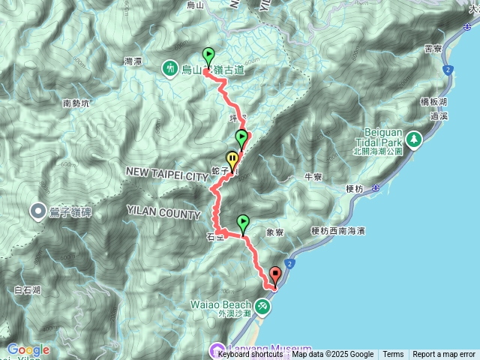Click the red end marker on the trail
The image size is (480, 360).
(x=274, y=277)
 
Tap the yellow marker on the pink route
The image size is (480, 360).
(x=232, y=160)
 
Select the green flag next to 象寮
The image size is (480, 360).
(x=243, y=223)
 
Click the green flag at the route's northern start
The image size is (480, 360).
(x=208, y=55)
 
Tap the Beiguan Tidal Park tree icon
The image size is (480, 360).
(x=413, y=139)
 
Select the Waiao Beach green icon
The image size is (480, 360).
(x=261, y=306)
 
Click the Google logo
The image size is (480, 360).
(x=28, y=349)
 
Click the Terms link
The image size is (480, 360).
(x=393, y=355)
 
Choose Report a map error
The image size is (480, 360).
(x=444, y=355)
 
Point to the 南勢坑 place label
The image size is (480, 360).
(x=76, y=103)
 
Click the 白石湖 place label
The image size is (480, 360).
(x=27, y=289)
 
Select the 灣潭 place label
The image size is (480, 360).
(x=132, y=61)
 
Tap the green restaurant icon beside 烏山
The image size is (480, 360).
(x=171, y=69)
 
